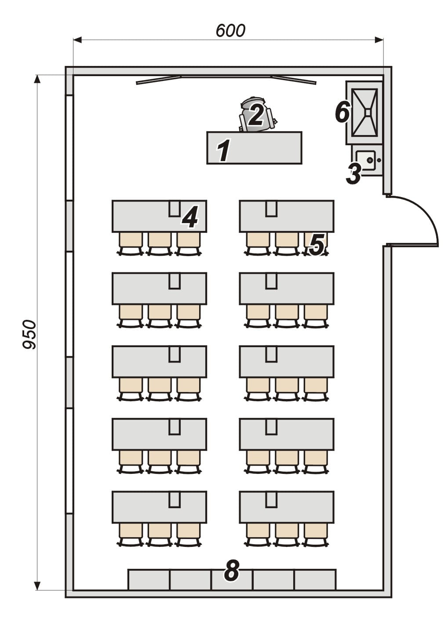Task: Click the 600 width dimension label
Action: tap(230, 31)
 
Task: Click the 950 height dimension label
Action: tap(30, 334)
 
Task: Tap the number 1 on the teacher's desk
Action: tap(224, 150)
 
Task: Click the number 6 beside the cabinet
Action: tap(342, 112)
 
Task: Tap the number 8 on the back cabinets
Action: tap(232, 571)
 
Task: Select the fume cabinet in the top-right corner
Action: tap(365, 112)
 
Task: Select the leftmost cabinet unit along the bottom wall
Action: tap(149, 579)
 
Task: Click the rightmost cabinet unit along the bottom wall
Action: tap(315, 579)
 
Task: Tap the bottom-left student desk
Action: tap(159, 507)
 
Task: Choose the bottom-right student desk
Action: tap(287, 507)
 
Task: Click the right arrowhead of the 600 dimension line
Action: tap(379, 40)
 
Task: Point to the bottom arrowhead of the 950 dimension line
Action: tap(37, 585)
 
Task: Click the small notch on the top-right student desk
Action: tap(271, 209)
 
